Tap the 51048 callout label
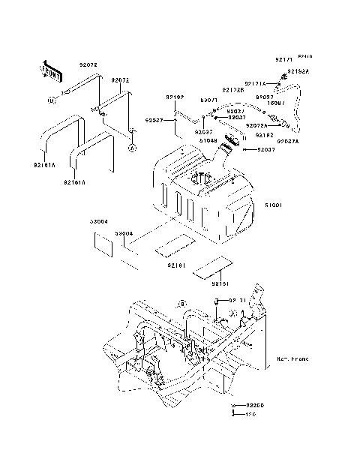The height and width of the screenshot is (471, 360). pos(208,139)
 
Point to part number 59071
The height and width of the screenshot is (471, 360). pos(208,100)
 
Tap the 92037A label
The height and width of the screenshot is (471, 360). pos(288,141)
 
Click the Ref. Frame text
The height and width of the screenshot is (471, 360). pos(292,360)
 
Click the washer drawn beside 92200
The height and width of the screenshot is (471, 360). pos(235,406)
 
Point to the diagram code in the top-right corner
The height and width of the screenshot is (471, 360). pos(306,57)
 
